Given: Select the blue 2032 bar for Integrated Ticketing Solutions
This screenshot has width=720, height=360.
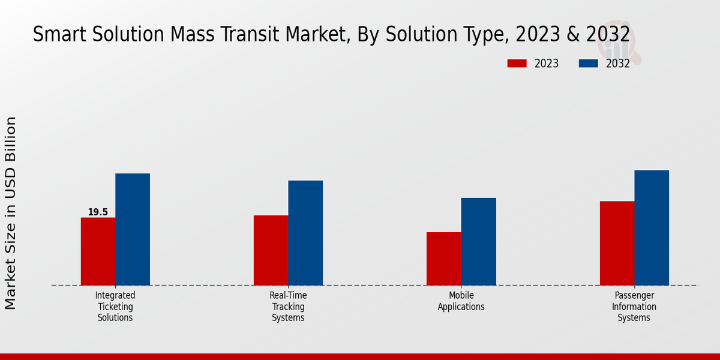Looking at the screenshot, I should click(x=133, y=229).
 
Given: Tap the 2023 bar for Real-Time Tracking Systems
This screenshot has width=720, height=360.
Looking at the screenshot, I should click(x=271, y=250).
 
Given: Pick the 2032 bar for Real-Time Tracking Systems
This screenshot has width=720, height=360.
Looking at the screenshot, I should click(x=305, y=233).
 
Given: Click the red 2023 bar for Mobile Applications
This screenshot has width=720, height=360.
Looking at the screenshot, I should click(x=444, y=259).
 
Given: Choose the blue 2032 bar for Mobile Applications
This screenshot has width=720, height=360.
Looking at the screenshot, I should click(x=479, y=241).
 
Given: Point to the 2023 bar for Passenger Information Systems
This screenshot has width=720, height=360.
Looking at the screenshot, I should click(x=617, y=243).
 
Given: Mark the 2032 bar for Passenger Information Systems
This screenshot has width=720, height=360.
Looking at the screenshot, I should click(x=652, y=227).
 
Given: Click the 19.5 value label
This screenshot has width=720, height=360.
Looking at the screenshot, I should click(x=98, y=212).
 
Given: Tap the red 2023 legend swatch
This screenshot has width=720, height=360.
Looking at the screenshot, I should click(x=517, y=64).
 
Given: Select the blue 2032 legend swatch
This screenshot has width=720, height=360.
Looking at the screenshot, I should click(x=589, y=64).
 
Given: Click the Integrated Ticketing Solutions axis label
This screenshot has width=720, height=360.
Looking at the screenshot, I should click(x=115, y=307).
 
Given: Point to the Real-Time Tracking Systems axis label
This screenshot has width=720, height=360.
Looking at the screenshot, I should click(x=288, y=307).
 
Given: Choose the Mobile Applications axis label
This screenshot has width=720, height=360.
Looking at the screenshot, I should click(x=461, y=301).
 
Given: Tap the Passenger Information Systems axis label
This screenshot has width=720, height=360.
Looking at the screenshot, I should click(x=634, y=307).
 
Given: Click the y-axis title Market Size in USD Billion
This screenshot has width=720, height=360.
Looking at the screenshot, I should click(x=11, y=213).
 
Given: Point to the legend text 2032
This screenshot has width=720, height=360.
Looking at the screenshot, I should click(x=618, y=64).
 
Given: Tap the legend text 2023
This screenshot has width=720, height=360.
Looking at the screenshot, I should click(x=547, y=64).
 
